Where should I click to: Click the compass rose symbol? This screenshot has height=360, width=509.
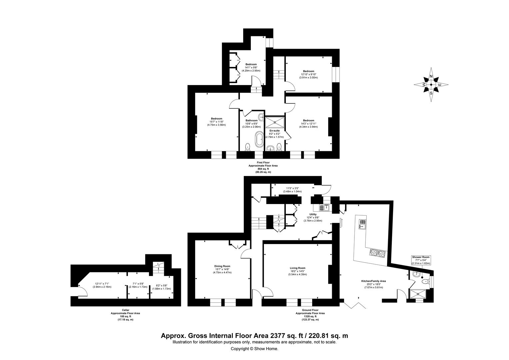point(431,85)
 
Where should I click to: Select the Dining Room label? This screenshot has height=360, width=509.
point(222,269)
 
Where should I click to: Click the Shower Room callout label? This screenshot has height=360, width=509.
point(421,260)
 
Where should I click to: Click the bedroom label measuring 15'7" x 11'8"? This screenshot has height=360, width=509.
point(217,122)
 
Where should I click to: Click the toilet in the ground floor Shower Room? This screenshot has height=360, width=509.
point(425,282)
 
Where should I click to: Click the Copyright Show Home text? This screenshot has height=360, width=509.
point(254,349)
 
